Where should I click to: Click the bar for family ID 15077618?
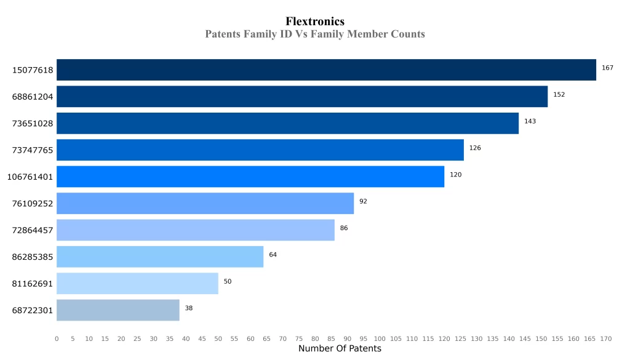tap(326, 70)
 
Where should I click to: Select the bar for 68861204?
tap(302, 97)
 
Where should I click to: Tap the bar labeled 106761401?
tap(250, 177)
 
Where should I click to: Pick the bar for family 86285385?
tap(160, 257)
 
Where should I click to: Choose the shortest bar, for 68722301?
tap(118, 310)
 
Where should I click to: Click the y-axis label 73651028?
tap(33, 124)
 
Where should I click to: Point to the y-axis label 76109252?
tap(33, 204)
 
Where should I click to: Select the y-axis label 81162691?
tap(33, 284)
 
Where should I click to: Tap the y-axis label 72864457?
tap(33, 230)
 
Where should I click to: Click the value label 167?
tap(607, 68)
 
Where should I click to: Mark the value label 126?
tap(475, 148)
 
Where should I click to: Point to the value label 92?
tap(363, 201)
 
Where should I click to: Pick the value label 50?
tap(228, 281)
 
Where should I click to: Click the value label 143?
tap(530, 121)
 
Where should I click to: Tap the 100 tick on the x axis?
tap(380, 338)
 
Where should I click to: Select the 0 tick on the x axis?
tap(57, 338)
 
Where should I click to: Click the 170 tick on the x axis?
tap(606, 338)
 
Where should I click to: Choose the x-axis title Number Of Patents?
tap(340, 349)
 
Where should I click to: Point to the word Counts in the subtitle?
tap(402, 34)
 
